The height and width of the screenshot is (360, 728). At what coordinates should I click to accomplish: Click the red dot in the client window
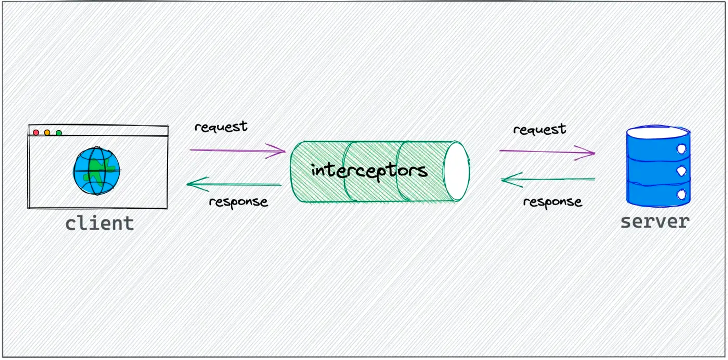point(36,132)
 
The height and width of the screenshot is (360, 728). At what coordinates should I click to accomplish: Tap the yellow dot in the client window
point(47,132)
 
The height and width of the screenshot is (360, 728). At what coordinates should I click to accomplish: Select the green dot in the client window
point(59,133)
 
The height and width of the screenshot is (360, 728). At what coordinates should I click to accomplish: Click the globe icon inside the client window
point(96,171)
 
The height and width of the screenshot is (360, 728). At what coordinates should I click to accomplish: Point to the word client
point(99,223)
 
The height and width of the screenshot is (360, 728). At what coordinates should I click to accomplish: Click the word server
point(655,222)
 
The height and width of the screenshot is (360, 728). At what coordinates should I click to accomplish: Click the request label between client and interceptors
point(221,127)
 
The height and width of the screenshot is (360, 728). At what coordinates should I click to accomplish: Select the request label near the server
point(539,129)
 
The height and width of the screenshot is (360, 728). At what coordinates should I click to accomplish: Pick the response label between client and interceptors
point(238,202)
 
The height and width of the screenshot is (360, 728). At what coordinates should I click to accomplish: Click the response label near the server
point(553,202)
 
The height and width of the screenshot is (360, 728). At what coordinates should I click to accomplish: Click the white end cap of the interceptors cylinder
point(456,171)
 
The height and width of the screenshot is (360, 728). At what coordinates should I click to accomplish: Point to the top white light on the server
point(681,149)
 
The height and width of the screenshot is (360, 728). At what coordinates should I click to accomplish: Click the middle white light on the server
point(681,171)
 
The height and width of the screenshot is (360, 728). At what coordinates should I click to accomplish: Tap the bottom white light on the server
point(681,194)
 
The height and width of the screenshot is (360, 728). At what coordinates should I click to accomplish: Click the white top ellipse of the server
point(658,132)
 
